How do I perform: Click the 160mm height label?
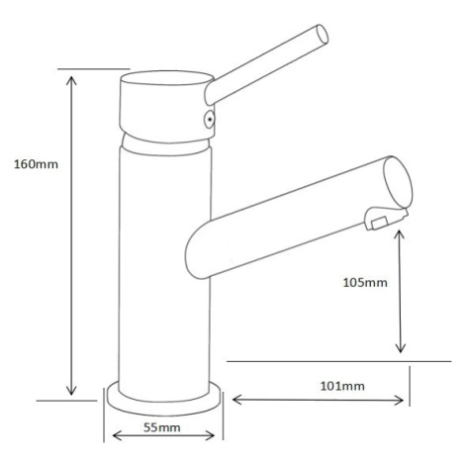[36, 164]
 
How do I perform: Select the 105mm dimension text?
[365, 283]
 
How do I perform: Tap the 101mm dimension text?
[342, 386]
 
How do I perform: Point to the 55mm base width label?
[162, 427]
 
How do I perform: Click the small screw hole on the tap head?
[210, 120]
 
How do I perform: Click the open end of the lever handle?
[323, 34]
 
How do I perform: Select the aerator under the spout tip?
[385, 219]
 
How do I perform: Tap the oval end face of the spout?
[398, 182]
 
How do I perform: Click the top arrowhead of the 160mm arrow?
[71, 81]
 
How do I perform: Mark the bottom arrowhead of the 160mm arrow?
[71, 390]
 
